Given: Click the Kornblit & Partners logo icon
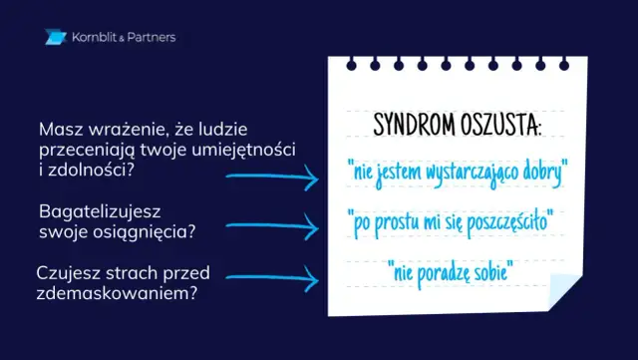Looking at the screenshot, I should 55,38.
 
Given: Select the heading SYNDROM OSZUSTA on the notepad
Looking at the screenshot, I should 458,127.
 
